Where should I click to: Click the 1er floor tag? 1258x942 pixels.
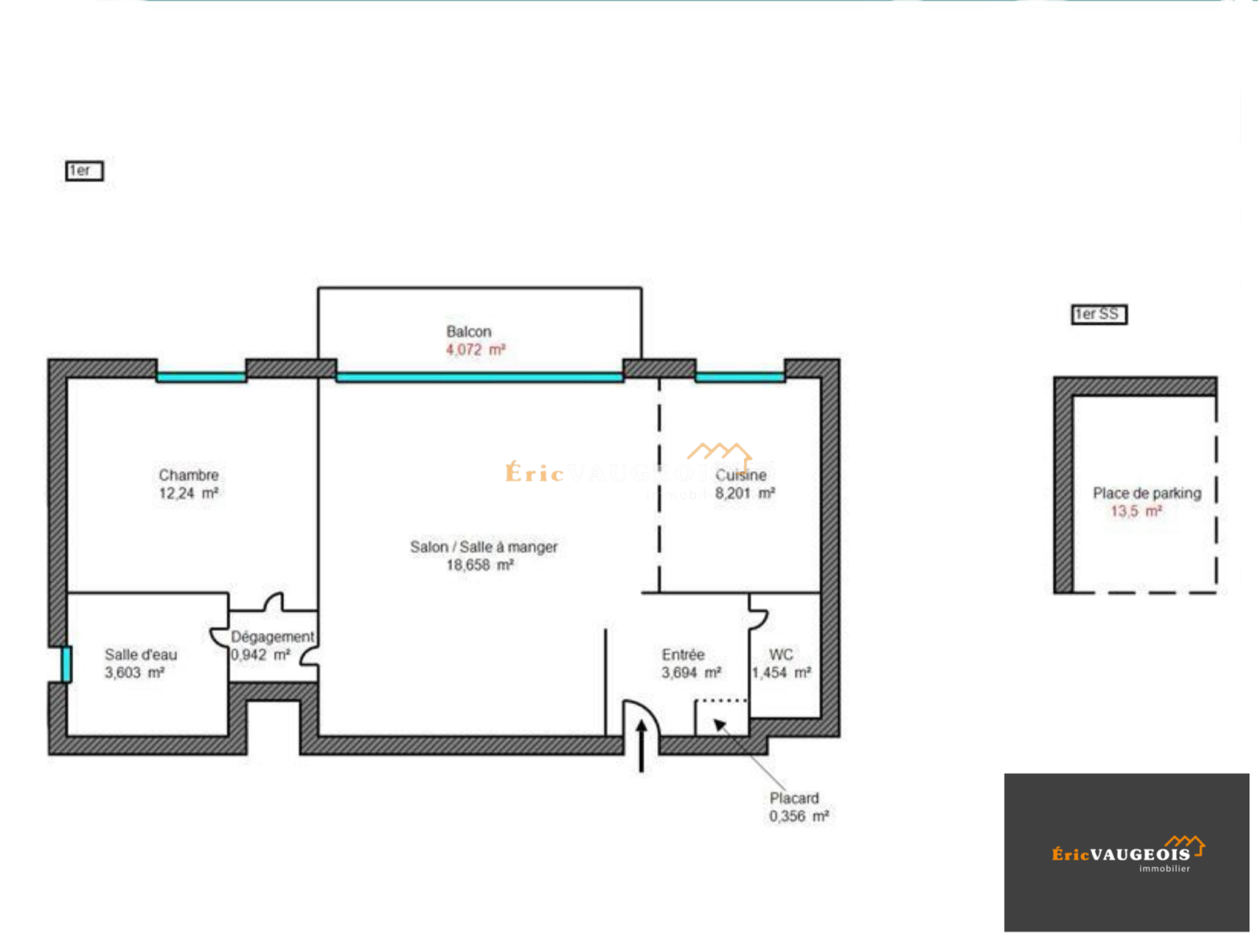click(x=83, y=170)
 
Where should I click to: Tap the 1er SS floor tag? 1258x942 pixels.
click(x=1098, y=314)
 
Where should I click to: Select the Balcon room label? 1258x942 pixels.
click(x=469, y=332)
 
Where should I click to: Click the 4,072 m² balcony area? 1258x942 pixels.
click(x=475, y=350)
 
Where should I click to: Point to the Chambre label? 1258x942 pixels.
click(x=189, y=475)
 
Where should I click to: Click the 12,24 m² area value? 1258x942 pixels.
click(x=189, y=493)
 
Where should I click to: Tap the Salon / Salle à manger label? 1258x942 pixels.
click(x=484, y=547)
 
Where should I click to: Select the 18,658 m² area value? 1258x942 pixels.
click(x=480, y=565)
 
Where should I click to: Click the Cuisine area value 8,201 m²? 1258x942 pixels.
click(x=745, y=493)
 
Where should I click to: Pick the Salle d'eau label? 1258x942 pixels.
click(x=141, y=654)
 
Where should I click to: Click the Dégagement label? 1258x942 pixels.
click(x=272, y=636)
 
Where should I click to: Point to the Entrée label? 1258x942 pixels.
click(x=683, y=654)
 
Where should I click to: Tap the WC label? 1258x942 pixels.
click(x=781, y=654)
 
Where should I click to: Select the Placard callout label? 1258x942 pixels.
click(x=794, y=798)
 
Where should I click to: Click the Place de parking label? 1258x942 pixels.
click(x=1146, y=493)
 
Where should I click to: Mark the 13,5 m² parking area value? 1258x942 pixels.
click(x=1136, y=511)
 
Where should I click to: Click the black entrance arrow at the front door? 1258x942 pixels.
click(x=642, y=746)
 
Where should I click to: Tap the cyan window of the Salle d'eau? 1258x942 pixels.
click(x=67, y=664)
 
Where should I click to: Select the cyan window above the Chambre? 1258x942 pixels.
click(x=201, y=377)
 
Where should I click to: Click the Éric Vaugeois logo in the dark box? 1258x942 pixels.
click(x=1127, y=853)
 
